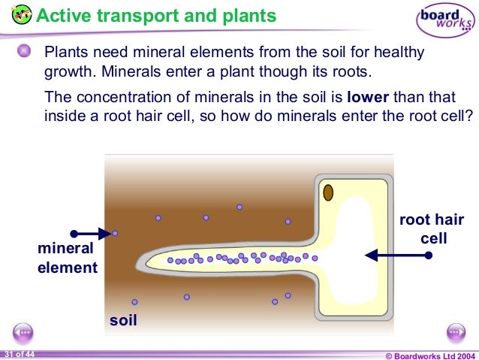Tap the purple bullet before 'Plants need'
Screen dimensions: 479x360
tap(25, 52)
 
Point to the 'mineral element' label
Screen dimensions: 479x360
tap(68, 257)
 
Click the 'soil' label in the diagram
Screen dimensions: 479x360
tap(124, 320)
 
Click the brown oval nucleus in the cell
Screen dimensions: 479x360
tap(328, 193)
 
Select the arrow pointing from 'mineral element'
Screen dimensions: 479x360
tap(91, 233)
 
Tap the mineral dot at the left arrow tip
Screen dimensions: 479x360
tap(115, 233)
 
